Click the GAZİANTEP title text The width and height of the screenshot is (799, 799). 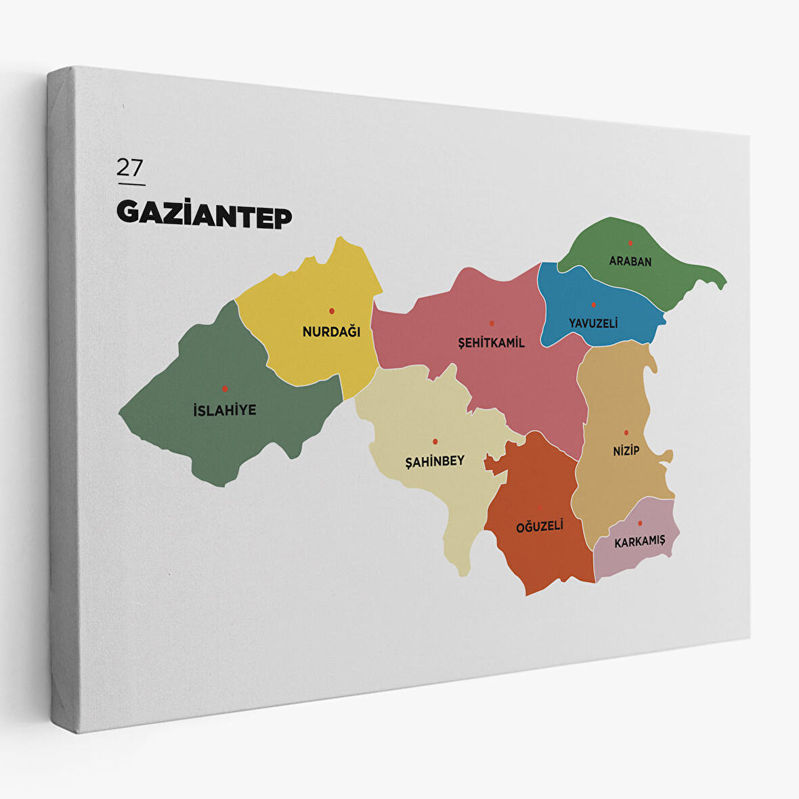pyautogui.click(x=204, y=214)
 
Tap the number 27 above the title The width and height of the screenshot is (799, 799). pyautogui.click(x=129, y=167)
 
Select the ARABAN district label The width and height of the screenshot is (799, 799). pyautogui.click(x=630, y=261)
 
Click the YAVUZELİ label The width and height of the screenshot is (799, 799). pyautogui.click(x=593, y=323)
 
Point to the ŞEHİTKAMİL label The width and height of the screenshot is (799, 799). pyautogui.click(x=492, y=343)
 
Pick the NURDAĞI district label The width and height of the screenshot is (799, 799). pyautogui.click(x=331, y=332)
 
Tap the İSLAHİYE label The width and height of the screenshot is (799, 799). pyautogui.click(x=225, y=410)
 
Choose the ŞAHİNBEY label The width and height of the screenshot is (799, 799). pyautogui.click(x=435, y=461)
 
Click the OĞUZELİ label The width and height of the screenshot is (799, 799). pyautogui.click(x=540, y=526)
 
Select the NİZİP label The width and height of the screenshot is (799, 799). pyautogui.click(x=626, y=450)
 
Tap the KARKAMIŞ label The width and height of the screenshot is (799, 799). pyautogui.click(x=640, y=542)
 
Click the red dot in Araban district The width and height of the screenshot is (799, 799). pyautogui.click(x=630, y=243)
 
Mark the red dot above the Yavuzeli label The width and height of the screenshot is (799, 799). pyautogui.click(x=593, y=305)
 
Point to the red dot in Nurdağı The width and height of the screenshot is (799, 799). pyautogui.click(x=332, y=311)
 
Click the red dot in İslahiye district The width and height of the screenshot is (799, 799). pyautogui.click(x=225, y=389)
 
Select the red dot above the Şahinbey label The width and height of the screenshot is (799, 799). pyautogui.click(x=435, y=441)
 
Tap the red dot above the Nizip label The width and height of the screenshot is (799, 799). pyautogui.click(x=626, y=432)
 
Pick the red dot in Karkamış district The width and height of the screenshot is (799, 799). pyautogui.click(x=640, y=523)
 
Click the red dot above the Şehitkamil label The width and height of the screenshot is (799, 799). pyautogui.click(x=492, y=323)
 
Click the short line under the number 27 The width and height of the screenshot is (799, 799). pyautogui.click(x=131, y=183)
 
